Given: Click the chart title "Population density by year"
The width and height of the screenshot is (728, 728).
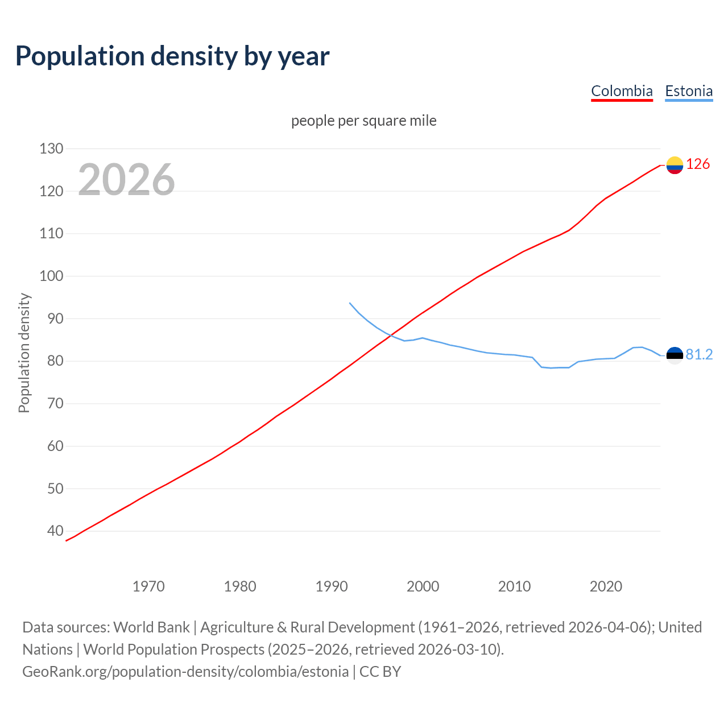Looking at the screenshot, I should point(172,56).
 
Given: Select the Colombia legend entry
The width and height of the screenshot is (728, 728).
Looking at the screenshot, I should point(622,91).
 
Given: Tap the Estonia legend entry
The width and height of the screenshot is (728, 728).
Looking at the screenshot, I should point(689,91).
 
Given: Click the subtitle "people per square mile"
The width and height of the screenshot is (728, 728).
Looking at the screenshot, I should point(363,121).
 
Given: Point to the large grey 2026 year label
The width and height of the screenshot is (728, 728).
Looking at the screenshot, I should point(126,180).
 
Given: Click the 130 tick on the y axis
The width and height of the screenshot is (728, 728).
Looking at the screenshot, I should point(51,149).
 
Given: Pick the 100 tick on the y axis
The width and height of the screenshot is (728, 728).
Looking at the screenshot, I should point(51,276).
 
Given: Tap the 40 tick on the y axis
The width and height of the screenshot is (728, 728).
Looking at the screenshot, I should point(55,531).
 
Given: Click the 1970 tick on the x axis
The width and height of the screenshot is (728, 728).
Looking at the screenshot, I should point(148,586).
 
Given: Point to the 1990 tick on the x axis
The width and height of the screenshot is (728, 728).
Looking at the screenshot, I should point(332,586).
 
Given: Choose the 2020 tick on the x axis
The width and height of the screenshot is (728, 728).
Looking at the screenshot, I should point(606,586).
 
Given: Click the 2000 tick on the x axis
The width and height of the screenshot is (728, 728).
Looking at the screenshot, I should point(423,586).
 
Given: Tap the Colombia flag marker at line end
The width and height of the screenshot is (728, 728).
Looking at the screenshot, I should point(675,165).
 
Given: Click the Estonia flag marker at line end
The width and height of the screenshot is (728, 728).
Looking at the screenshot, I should point(675,355).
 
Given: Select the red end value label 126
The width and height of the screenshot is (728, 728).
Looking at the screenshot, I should point(698,164).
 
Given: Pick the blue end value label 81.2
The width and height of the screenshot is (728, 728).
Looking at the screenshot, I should point(699,355).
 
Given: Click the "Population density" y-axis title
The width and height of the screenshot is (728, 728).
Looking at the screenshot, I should point(24,353).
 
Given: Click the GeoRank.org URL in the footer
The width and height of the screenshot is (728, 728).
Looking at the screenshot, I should point(185,672).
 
